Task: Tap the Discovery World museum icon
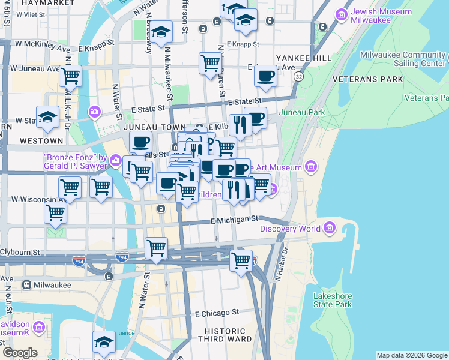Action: (x=330, y=228)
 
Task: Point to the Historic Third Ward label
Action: (x=225, y=335)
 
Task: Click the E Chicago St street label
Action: (x=217, y=313)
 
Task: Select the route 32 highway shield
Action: (x=298, y=77)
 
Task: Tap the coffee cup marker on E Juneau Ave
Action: (x=265, y=76)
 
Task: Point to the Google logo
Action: (x=20, y=353)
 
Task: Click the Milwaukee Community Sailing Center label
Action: (x=403, y=59)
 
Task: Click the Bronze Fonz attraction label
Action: (x=75, y=161)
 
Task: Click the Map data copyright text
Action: (x=412, y=355)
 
